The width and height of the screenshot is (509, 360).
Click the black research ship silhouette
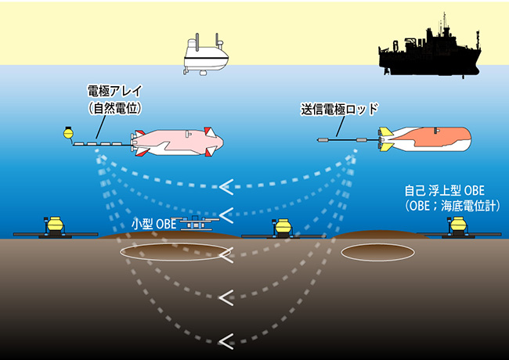tap(430, 55)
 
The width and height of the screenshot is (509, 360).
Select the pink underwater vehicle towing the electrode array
tap(178, 142)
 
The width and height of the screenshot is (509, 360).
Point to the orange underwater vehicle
tap(424, 139)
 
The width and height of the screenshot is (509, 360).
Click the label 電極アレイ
tap(115, 91)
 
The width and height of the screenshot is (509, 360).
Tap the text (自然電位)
tap(115, 108)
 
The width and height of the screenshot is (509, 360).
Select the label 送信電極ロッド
tap(340, 110)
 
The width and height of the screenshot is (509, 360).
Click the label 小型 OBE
tap(153, 224)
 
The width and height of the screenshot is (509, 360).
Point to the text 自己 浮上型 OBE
tap(445, 190)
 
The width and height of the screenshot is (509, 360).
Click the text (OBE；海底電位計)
tap(452, 206)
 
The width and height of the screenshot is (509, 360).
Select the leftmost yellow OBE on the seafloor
tap(55, 227)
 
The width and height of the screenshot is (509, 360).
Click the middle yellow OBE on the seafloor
tap(283, 229)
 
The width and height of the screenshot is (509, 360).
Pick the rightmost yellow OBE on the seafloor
tap(458, 227)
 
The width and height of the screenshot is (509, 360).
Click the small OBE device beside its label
tap(195, 223)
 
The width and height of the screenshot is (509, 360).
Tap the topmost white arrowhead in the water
tap(226, 187)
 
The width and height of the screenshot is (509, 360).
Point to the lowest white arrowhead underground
tap(226, 341)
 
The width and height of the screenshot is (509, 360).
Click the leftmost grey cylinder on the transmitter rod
tap(323, 140)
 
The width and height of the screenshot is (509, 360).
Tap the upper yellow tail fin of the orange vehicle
tap(385, 131)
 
